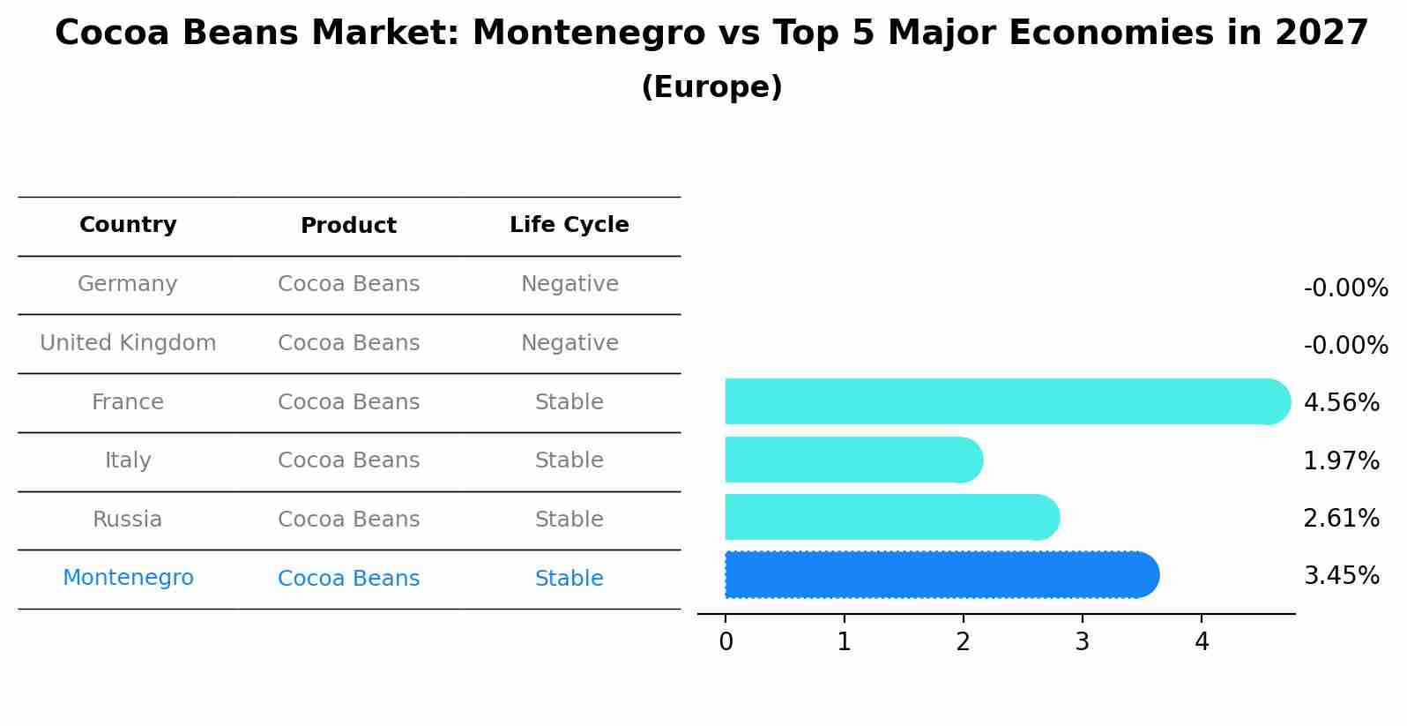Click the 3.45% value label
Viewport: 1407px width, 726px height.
(x=1341, y=576)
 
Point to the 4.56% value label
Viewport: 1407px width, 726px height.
(x=1341, y=403)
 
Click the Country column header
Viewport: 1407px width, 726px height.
(x=128, y=225)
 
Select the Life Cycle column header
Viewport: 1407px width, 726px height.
(x=569, y=225)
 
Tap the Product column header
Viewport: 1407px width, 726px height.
(x=348, y=226)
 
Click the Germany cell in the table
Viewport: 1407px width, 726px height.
(x=128, y=284)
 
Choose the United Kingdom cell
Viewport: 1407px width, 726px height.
(x=128, y=343)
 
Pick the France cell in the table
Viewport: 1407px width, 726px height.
(x=128, y=402)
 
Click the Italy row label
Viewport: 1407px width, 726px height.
(x=128, y=460)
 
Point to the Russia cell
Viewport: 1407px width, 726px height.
(x=128, y=520)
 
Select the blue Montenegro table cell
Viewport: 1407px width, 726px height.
(x=128, y=578)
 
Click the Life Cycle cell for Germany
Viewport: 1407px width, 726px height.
(x=569, y=284)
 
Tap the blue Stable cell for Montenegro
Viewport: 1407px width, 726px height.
(x=569, y=579)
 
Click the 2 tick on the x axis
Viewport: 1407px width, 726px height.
(x=963, y=642)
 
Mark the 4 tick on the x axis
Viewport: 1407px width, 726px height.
(x=1202, y=642)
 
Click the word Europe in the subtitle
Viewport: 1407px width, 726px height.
(x=711, y=87)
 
